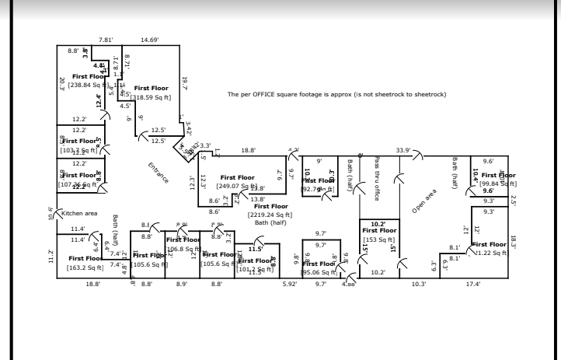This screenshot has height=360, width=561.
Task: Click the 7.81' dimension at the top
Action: point(105,39)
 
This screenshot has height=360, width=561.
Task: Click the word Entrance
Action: point(159,173)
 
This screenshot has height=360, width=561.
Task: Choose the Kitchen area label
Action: point(78,212)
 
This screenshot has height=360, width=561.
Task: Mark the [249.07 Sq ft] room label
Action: point(238,186)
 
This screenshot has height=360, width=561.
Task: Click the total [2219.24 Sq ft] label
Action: point(270,214)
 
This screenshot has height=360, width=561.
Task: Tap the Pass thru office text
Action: point(376,179)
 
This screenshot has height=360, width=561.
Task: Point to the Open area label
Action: point(426,199)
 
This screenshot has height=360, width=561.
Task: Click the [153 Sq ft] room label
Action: point(379,239)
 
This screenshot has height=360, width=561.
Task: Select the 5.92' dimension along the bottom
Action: point(290,285)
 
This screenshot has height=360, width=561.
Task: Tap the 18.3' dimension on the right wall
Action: point(514,242)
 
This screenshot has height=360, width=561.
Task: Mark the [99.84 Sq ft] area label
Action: point(497,183)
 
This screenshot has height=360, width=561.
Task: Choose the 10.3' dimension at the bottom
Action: point(418,285)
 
